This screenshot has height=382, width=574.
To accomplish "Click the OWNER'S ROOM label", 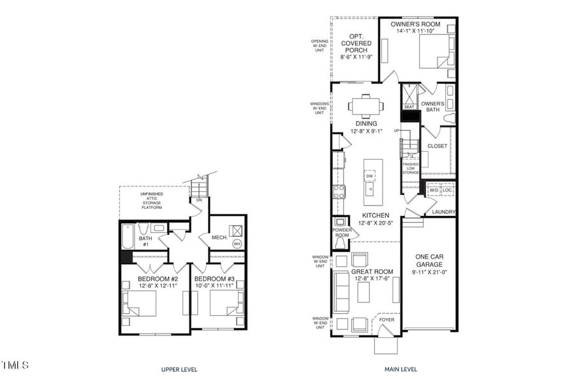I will tap(416, 24).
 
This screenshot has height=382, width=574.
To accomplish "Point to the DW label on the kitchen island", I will tap(370, 176).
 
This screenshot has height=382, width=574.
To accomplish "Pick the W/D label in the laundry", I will tap(434, 190).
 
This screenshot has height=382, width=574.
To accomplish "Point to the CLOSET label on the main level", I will tap(438, 146).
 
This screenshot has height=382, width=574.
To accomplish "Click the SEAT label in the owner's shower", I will tap(409, 107).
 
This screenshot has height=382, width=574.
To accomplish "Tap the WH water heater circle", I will tap(237, 244).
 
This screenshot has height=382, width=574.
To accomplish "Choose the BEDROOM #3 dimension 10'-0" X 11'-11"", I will tap(218, 286).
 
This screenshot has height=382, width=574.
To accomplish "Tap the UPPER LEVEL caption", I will tap(179, 369).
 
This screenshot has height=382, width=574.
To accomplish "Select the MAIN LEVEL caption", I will tap(400, 369).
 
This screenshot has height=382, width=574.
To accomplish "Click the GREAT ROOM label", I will tap(372, 271).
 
